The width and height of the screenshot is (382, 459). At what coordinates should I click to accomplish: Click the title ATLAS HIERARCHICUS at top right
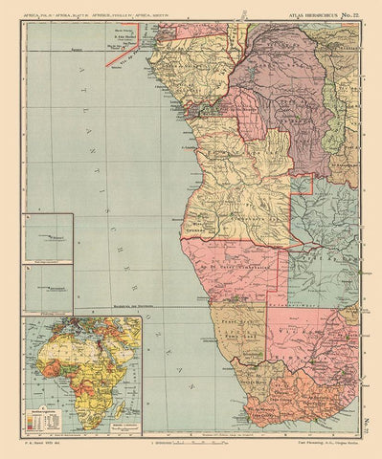pos(307,11)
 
